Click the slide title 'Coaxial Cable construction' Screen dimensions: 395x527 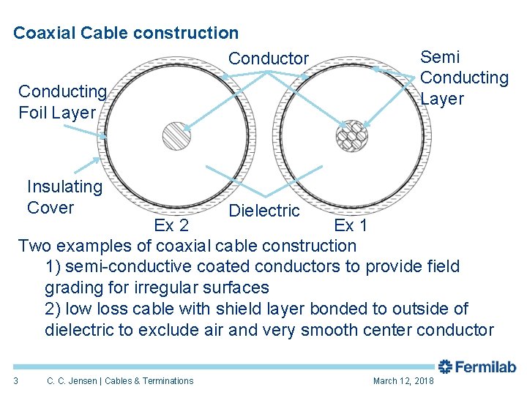coord(126,33)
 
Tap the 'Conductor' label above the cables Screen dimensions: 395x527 coord(269,59)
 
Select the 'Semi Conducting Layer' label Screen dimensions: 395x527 coord(464,78)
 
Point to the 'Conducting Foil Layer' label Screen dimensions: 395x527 coord(62,102)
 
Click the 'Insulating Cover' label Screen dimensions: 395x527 coord(64,197)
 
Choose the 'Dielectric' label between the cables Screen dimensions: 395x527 coord(264,211)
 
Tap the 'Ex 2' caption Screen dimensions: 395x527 coord(171,225)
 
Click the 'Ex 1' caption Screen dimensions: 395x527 coord(351,225)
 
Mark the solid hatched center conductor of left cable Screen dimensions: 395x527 coord(176,136)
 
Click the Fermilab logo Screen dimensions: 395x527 coord(477,367)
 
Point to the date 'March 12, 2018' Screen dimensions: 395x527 coord(403,381)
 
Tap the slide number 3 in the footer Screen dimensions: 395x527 coord(15,380)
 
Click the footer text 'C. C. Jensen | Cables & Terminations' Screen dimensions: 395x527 coord(120,381)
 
